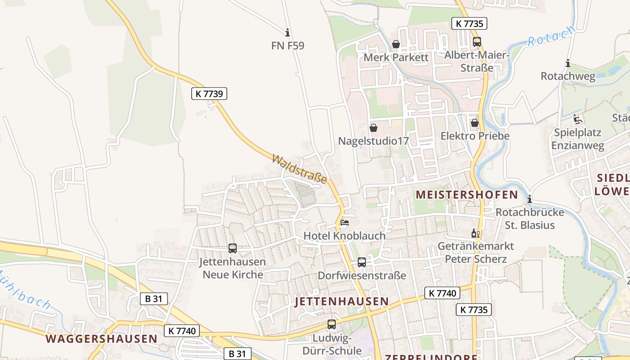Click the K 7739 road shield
pos(209,93)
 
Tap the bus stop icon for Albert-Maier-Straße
pos(477,42)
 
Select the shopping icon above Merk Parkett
pos(396,44)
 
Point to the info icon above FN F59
pos(288,32)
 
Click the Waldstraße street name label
pos(299,169)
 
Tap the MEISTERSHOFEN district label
pos(467,195)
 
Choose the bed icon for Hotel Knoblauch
pos(345,222)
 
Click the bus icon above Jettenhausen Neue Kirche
pos(233,248)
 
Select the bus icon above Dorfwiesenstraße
pos(362,262)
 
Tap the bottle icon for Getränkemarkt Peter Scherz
pos(475,233)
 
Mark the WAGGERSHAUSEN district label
pos(101,339)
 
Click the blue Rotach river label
pos(551,36)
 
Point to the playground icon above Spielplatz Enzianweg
pos(578,119)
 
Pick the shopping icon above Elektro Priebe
pos(475,123)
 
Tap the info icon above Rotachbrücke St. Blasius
pos(530,198)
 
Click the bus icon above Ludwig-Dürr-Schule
pos(332,324)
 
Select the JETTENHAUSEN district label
pos(342,301)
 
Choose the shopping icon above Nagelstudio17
pos(373,128)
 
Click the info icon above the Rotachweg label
pos(568,63)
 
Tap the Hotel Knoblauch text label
pos(344,236)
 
